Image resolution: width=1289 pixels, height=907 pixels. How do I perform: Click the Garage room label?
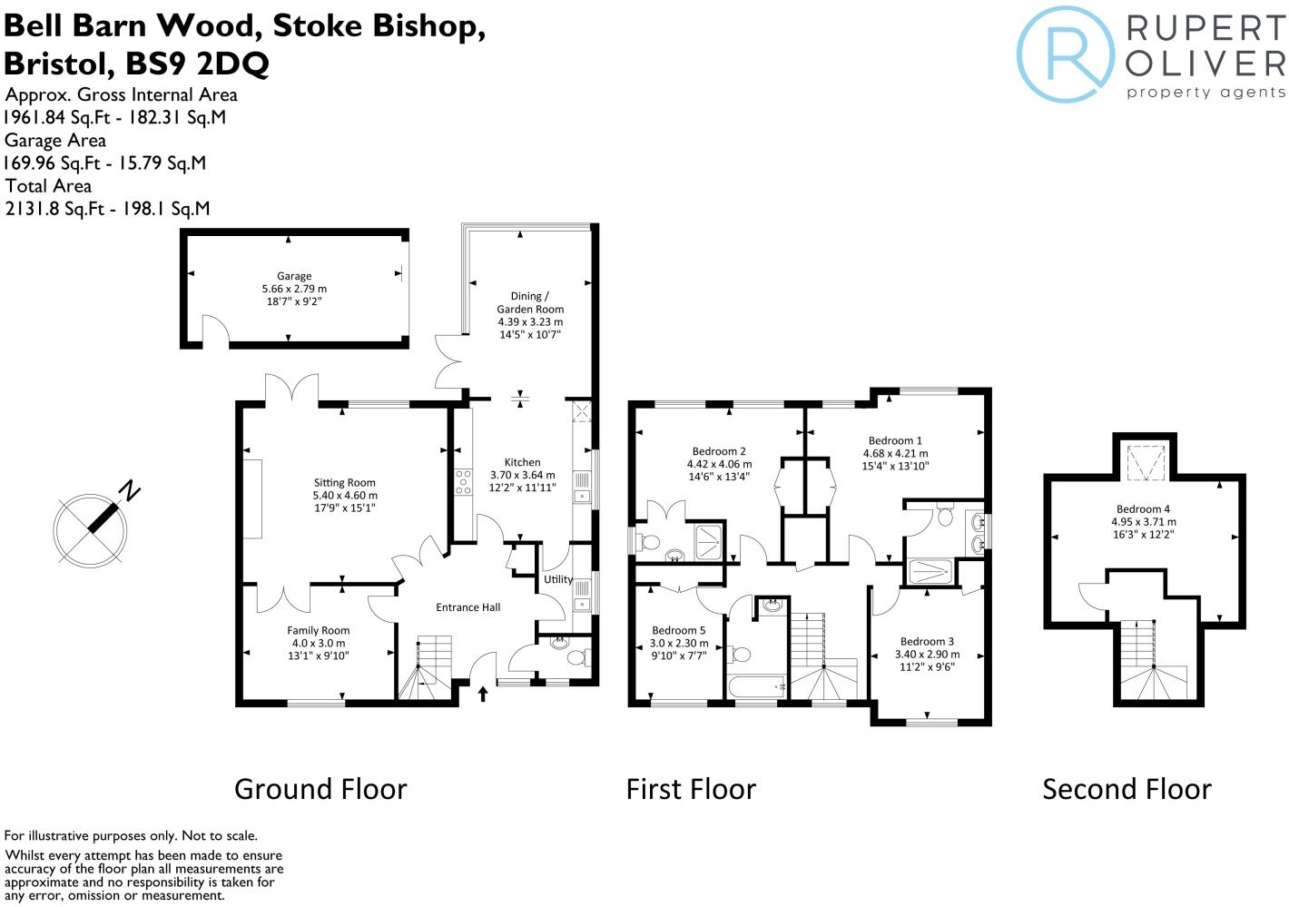tap(294, 276)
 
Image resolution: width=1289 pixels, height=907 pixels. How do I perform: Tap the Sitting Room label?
tap(344, 483)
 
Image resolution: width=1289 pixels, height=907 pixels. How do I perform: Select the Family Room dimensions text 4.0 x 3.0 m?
tap(318, 643)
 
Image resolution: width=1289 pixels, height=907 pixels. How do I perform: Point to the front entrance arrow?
tap(483, 695)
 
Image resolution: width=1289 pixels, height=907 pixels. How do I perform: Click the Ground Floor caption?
tap(320, 789)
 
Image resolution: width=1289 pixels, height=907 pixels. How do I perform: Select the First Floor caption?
tap(691, 789)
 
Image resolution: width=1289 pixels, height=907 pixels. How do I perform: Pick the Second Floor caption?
tap(1127, 789)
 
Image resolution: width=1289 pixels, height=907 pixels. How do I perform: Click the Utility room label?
tap(558, 579)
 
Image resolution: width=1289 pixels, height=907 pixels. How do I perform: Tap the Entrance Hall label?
tap(467, 607)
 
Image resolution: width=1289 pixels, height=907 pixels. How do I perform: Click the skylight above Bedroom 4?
tap(1144, 461)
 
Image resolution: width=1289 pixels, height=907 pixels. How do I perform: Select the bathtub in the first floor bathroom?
tap(756, 687)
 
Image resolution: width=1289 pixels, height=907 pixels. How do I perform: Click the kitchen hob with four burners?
tap(463, 481)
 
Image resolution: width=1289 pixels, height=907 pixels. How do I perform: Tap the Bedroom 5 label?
tap(678, 631)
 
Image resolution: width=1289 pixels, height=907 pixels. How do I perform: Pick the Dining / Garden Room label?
tap(530, 302)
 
